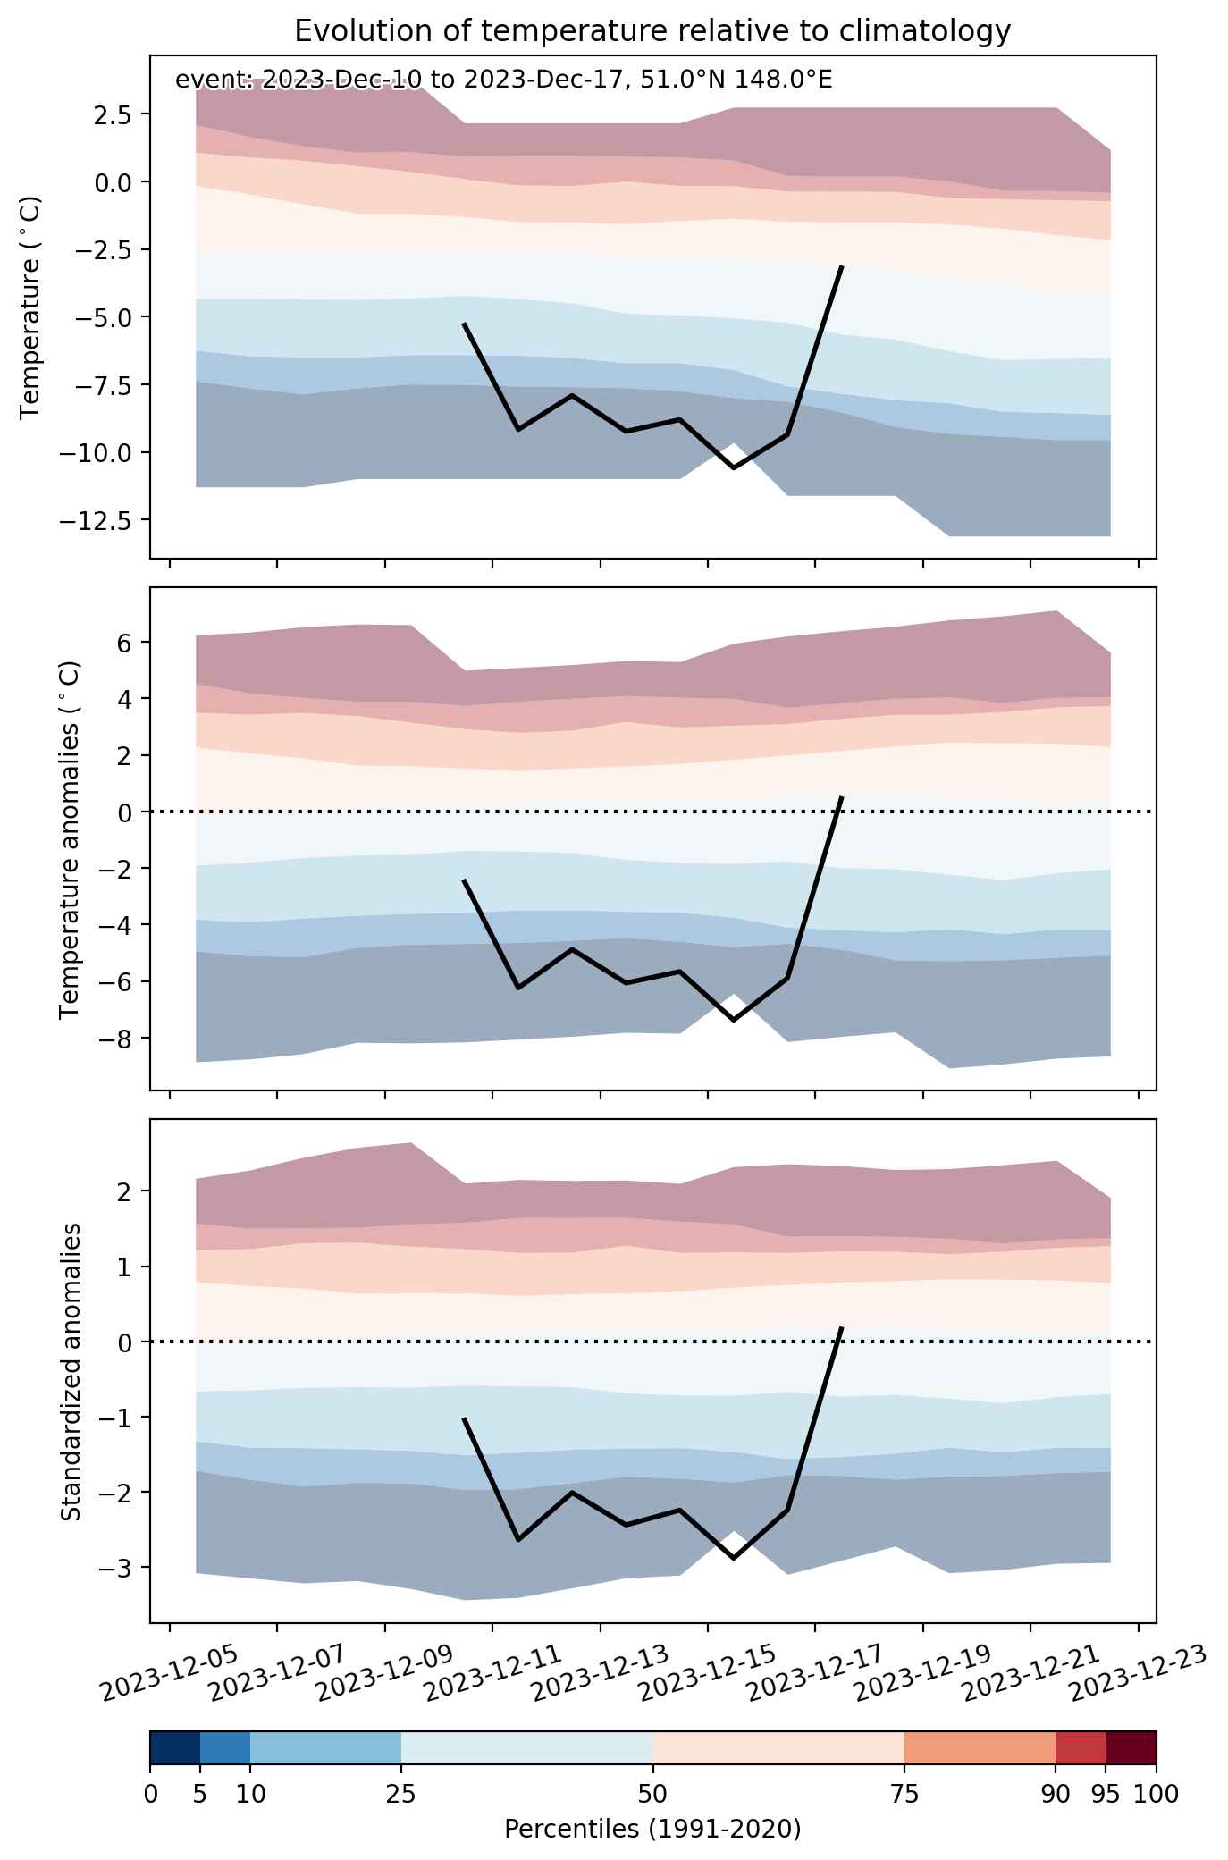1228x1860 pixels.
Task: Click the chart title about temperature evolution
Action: pos(652,31)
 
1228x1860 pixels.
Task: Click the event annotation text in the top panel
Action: pos(503,80)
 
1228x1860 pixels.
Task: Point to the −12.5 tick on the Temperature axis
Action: pos(103,519)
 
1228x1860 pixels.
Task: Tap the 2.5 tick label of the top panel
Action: pos(114,115)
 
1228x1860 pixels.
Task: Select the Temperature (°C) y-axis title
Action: pos(31,307)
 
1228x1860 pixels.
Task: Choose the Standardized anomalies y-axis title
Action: pos(71,1372)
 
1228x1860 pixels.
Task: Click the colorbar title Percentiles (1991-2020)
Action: pos(652,1829)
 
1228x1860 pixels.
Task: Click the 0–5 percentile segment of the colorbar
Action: pos(175,1748)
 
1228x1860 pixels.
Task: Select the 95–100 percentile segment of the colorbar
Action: pos(1131,1748)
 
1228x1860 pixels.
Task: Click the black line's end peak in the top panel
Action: pos(841,266)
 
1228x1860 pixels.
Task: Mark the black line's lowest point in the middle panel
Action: pos(734,1020)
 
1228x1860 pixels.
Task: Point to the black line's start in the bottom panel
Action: pos(464,1418)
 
